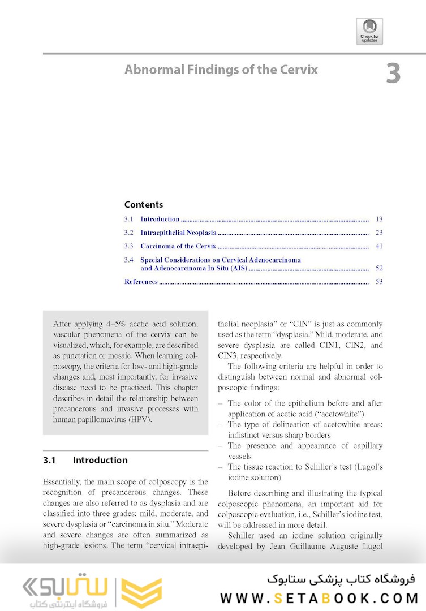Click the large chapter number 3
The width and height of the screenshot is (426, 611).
[x=393, y=74]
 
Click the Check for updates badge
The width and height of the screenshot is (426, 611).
[x=369, y=31]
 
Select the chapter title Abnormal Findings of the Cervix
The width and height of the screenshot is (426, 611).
[x=221, y=70]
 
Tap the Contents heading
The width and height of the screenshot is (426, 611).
[x=144, y=205]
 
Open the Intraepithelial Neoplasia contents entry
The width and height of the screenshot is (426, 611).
[x=178, y=233]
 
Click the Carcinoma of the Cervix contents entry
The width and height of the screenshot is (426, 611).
[x=178, y=246]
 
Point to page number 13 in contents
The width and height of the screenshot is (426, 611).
[x=378, y=219]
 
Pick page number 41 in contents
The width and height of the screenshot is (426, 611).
[x=378, y=246]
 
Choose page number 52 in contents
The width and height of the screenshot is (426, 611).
[x=378, y=268]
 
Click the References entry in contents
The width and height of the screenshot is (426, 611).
[x=141, y=282]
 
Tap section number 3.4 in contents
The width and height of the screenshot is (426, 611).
[x=129, y=260]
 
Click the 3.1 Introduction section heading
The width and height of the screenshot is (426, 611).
[x=85, y=460]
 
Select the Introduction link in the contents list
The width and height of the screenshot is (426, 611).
[x=160, y=219]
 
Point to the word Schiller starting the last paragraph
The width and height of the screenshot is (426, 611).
[x=241, y=536]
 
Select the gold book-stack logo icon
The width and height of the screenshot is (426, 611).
[x=141, y=592]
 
